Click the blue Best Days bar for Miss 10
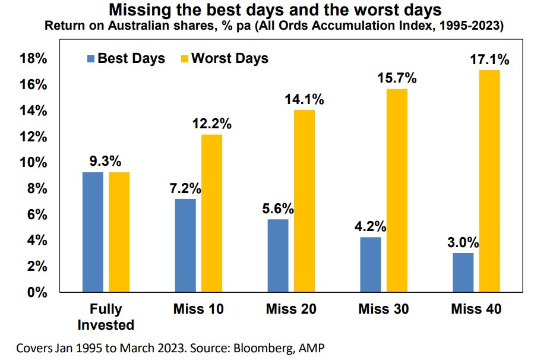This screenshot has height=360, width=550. tap(185, 245)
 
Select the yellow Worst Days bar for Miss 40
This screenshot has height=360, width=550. tap(489, 181)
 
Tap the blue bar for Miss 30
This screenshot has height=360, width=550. tap(371, 264)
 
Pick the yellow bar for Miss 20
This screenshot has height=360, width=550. tap(304, 201)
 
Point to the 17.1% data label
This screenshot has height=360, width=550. tap(490, 59)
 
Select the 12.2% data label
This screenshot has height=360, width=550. tap(211, 124)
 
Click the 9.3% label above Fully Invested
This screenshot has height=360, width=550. tap(106, 161)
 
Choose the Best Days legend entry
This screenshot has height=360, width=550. tap(125, 58)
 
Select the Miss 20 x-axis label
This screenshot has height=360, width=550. tap(291, 310)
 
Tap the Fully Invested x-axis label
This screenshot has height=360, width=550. tap(106, 317)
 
